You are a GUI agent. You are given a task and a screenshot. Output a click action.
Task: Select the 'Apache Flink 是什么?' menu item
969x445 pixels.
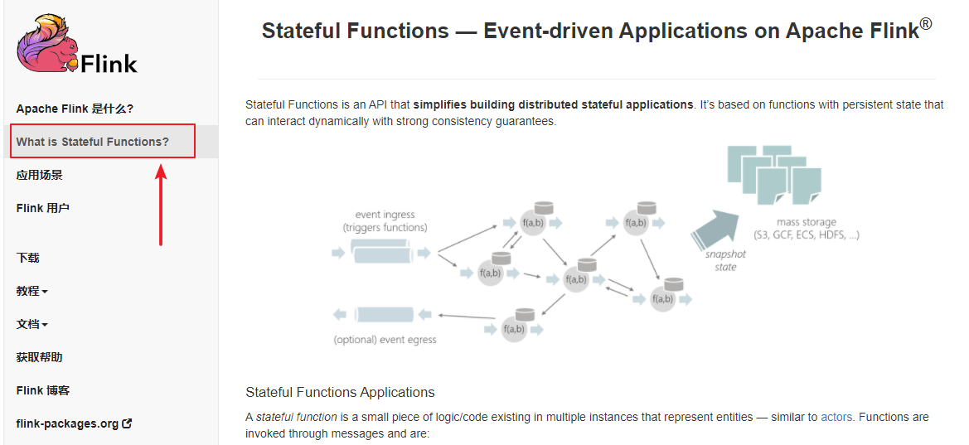pos(75,109)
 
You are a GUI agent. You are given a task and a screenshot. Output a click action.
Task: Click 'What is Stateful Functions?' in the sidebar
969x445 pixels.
pos(92,142)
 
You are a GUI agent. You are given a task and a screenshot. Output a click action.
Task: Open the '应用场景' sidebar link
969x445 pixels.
pos(39,175)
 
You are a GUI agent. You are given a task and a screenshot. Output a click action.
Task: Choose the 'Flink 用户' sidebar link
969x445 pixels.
pos(42,208)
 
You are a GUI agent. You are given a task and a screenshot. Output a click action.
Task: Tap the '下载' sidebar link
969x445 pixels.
pos(27,258)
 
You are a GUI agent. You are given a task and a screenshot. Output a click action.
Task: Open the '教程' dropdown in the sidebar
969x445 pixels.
pos(31,291)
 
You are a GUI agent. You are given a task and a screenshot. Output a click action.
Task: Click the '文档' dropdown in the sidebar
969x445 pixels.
pos(31,324)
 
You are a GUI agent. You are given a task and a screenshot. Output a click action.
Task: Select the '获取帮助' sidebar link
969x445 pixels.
pos(39,357)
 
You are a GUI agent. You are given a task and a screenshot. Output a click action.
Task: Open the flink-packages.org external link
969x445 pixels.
pos(74,423)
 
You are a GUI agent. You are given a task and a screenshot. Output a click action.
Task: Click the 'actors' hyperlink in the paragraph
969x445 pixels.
pos(836,417)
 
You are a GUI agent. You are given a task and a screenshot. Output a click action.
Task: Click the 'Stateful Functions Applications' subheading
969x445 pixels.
pos(340,392)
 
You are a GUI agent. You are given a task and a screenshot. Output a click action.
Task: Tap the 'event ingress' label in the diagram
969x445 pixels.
pos(385,215)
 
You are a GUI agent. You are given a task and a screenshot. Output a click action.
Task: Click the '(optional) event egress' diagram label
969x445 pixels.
pos(385,340)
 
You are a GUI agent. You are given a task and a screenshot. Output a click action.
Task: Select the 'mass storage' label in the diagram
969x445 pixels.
pos(806,222)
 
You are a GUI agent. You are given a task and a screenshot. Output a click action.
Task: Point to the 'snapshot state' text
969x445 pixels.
pos(725,261)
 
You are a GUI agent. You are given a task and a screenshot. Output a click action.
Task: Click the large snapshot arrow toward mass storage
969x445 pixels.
pos(715,227)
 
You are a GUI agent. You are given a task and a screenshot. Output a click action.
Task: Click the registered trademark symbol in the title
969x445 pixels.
pos(926,24)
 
